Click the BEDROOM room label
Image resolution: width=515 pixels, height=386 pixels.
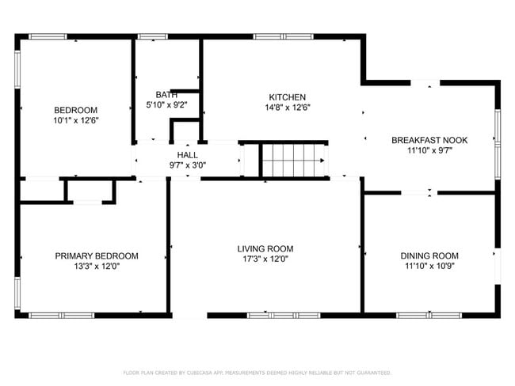[x=75, y=110]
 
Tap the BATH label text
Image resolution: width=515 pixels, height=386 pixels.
[x=166, y=95]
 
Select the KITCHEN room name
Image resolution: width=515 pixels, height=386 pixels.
[x=288, y=97]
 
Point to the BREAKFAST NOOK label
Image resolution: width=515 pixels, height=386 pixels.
[x=429, y=140]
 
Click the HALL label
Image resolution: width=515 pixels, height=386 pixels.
[x=188, y=155]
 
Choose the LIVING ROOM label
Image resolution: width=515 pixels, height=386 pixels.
[x=265, y=249]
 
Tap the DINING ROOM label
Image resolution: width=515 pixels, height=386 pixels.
[x=429, y=255]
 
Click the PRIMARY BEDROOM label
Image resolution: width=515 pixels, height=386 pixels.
[x=97, y=255]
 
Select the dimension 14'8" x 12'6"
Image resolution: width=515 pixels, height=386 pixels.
[x=288, y=108]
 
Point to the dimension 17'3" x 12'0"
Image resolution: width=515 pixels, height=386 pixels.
[x=265, y=259]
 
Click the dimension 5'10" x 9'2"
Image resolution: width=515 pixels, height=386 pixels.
[x=166, y=105]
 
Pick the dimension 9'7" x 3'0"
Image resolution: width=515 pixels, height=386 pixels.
[x=188, y=165]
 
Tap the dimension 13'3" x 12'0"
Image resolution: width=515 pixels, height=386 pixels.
[x=97, y=267]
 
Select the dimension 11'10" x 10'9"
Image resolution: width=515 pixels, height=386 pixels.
[x=429, y=266]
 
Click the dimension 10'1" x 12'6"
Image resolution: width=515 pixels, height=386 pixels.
[x=76, y=121]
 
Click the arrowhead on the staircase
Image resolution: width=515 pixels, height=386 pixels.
[x=322, y=161]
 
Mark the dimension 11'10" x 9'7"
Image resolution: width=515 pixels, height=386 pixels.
[x=429, y=151]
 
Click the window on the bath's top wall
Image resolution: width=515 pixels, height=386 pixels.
[x=152, y=36]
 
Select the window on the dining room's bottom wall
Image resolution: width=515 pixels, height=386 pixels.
[x=429, y=316]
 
